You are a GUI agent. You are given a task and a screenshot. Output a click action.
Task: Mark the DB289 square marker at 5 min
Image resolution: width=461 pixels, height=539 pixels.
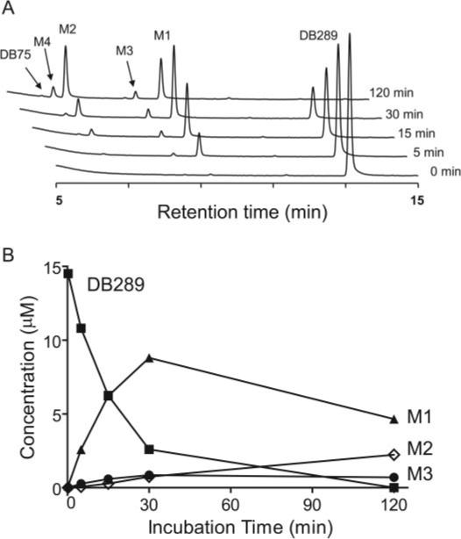82,328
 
